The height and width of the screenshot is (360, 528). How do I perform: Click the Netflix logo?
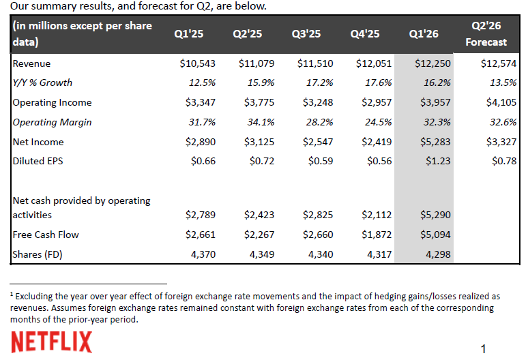[x=52, y=342]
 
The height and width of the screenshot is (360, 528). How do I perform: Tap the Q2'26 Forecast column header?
[x=486, y=33]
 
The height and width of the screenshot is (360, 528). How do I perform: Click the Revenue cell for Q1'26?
[x=432, y=63]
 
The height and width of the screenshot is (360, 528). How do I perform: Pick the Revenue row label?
[x=32, y=63]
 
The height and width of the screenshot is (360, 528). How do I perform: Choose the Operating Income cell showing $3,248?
[x=316, y=103]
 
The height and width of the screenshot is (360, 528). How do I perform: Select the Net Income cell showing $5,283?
[x=432, y=142]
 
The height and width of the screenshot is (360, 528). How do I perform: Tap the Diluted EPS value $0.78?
[x=502, y=162]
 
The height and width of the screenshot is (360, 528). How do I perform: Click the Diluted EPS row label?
[x=38, y=162]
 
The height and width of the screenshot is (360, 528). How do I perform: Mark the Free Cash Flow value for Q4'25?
[x=375, y=235]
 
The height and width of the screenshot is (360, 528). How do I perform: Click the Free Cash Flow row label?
[x=46, y=235]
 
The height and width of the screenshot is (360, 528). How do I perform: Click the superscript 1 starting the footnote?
[x=12, y=295]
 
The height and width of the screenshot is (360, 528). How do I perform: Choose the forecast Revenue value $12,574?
[x=499, y=63]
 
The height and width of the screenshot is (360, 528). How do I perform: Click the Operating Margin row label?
[x=52, y=123]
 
